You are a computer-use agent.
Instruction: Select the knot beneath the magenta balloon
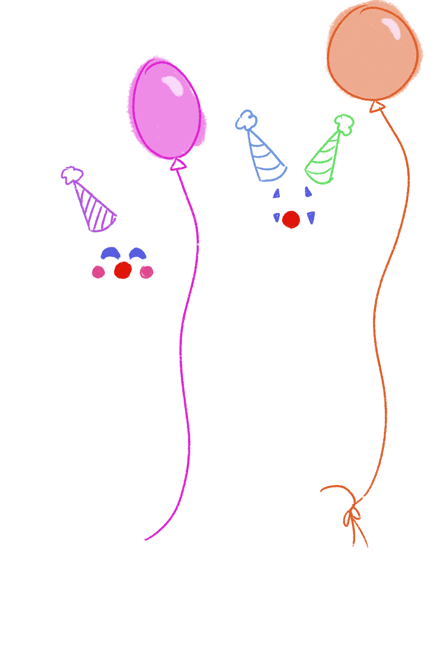pos(178,165)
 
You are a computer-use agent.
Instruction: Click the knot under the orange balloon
pos(377,107)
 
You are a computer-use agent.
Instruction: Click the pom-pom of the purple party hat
pos(72,175)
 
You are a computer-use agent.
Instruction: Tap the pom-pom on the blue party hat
pos(246,120)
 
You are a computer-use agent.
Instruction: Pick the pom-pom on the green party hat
pos(344,123)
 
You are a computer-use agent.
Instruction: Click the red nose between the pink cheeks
pos(123,270)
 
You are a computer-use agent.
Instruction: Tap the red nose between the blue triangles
pos(291,219)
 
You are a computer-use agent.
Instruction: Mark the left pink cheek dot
pos(98,272)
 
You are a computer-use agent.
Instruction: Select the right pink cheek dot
pos(147,272)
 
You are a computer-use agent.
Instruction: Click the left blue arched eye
pos(110,253)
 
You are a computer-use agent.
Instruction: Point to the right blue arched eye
pos(138,253)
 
